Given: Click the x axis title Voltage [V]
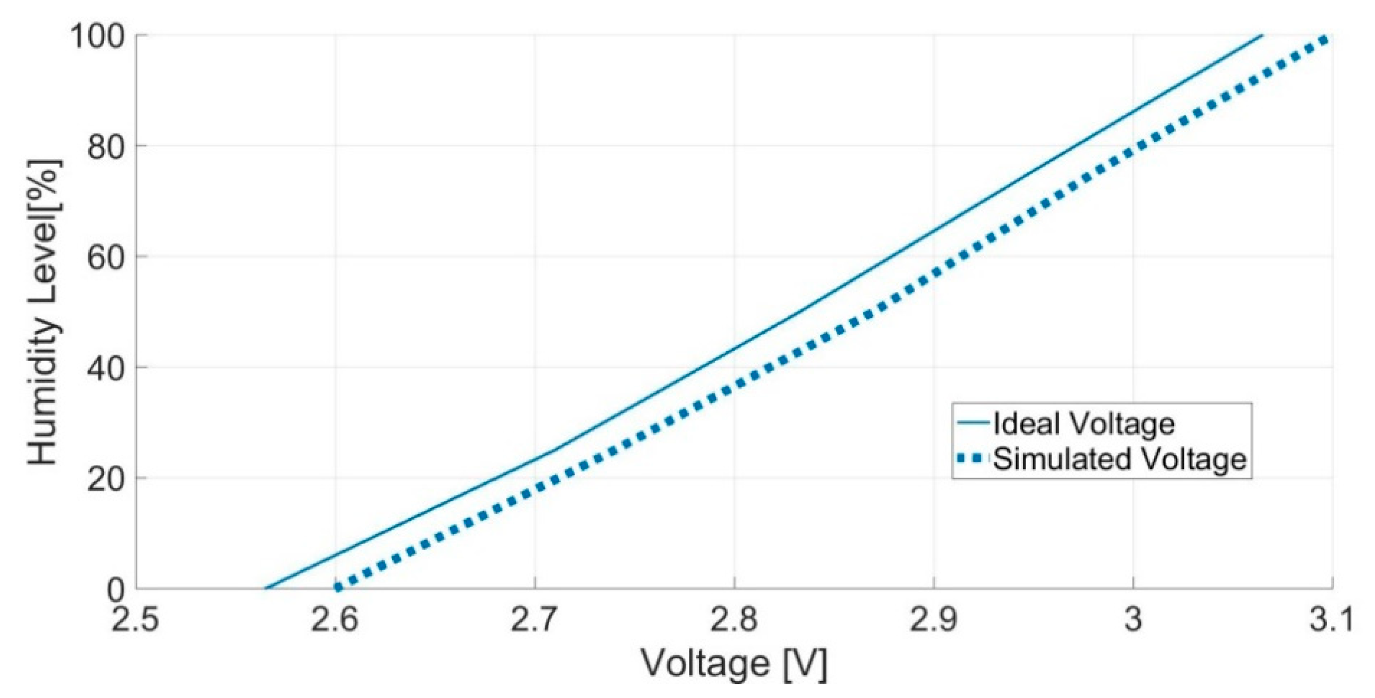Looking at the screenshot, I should [x=734, y=664].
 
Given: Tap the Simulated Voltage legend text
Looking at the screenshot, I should [x=1120, y=460].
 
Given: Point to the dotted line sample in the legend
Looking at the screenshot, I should [x=973, y=460].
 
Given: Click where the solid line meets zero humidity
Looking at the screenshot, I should [x=265, y=589].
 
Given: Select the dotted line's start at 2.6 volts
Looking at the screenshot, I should [x=337, y=588].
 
